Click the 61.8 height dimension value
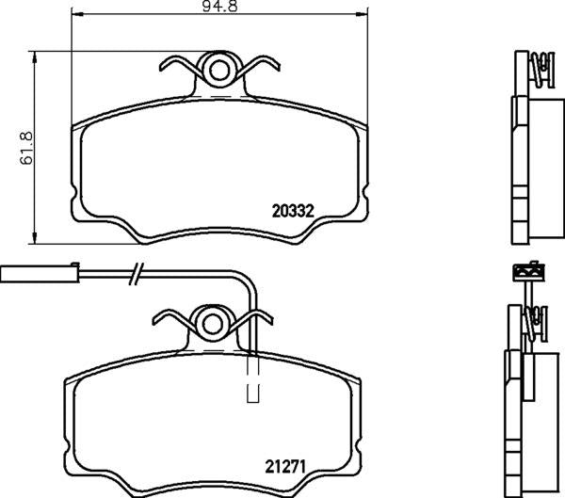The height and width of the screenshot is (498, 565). click(28, 148)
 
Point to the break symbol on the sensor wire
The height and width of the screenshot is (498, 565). click(137, 274)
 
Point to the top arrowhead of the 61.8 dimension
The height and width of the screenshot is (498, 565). click(36, 56)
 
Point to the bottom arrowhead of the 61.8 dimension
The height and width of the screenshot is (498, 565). click(36, 235)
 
